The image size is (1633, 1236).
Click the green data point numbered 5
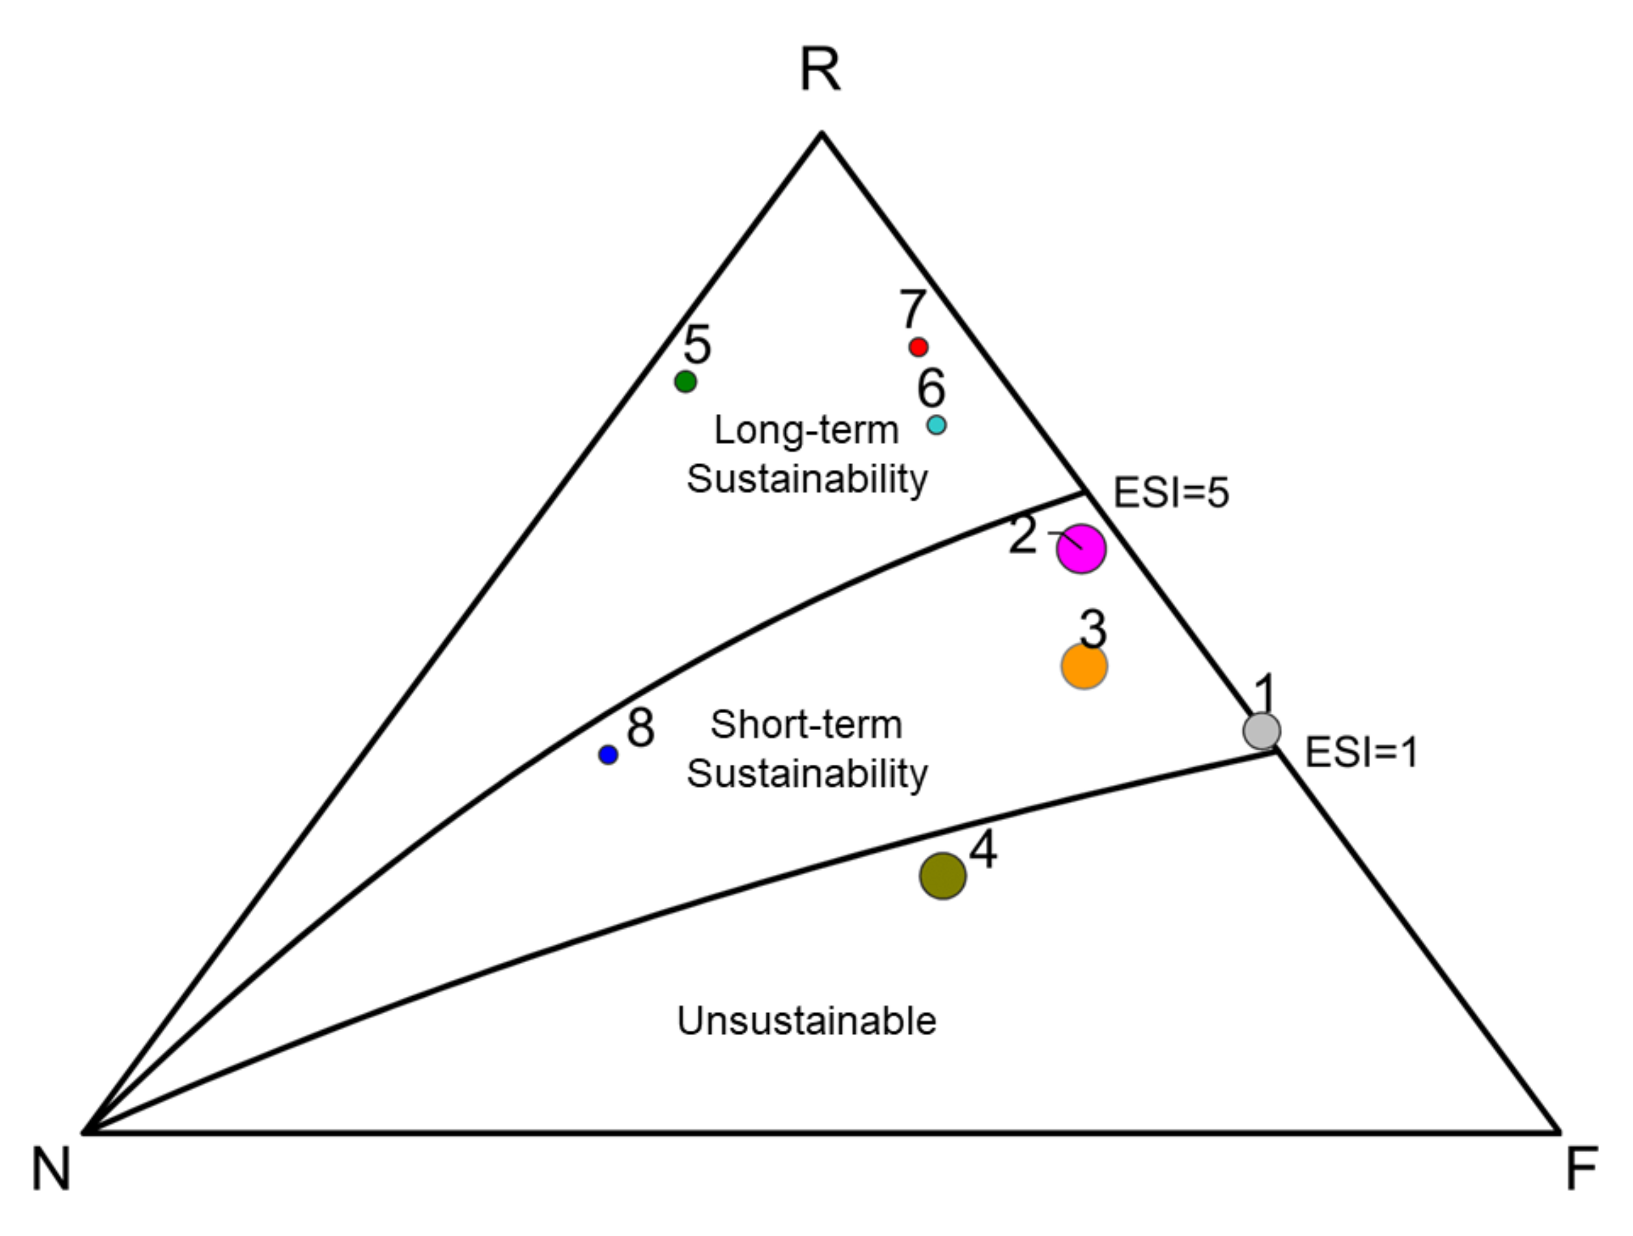[685, 381]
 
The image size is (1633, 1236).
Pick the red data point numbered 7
[918, 347]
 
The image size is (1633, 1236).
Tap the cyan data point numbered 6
[936, 424]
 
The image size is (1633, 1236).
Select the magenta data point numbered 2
[1081, 549]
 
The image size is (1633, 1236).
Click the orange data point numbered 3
[1084, 666]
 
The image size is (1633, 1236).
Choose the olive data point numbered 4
[943, 876]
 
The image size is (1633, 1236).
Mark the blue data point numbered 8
[608, 755]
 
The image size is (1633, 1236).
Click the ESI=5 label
[1171, 493]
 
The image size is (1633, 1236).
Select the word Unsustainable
[806, 1022]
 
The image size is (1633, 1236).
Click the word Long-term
[806, 430]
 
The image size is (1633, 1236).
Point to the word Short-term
[806, 725]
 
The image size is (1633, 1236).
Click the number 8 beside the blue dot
[640, 728]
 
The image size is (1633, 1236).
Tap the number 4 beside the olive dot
[983, 850]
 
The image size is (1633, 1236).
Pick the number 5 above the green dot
[697, 345]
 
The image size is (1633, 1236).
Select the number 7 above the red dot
[912, 309]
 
